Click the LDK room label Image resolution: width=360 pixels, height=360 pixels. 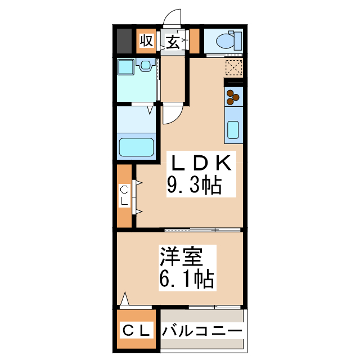tap(200, 163)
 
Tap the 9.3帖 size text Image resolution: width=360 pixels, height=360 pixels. tap(193, 185)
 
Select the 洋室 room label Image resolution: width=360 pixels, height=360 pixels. tap(179, 256)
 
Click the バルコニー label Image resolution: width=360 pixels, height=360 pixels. tap(202, 331)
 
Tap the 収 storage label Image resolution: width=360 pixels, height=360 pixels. tap(146, 41)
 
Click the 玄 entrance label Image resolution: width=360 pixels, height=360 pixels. tap(173, 42)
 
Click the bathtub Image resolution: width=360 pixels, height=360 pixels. tap(136, 147)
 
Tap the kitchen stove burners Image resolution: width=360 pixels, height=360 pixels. tap(232, 97)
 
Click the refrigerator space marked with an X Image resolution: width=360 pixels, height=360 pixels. tap(233, 67)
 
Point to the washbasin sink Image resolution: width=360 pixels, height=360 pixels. tap(146, 66)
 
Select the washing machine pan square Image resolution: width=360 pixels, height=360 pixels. tap(125, 67)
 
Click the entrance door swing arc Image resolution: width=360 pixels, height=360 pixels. tap(172, 20)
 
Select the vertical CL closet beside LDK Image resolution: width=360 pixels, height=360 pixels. tap(125, 196)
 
